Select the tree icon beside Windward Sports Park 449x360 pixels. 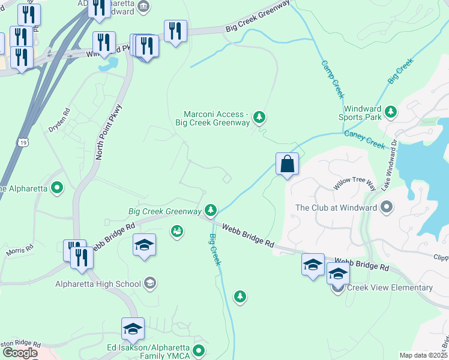391,112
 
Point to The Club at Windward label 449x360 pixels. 336,208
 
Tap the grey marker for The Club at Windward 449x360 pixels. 387,208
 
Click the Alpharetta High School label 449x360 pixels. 98,284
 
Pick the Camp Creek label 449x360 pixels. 332,79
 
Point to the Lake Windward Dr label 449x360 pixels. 388,166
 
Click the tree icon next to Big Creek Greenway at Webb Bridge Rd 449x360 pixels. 210,210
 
